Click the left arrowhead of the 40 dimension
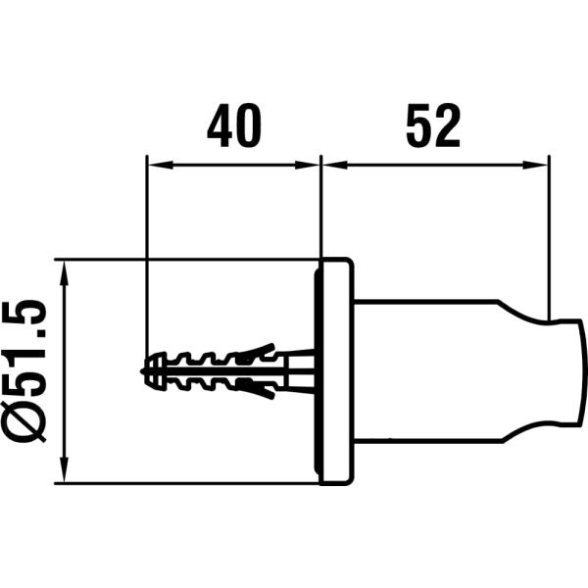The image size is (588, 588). pos(152,164)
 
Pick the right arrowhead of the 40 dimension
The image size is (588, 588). pos(313,164)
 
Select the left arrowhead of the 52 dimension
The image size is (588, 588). pos(330,164)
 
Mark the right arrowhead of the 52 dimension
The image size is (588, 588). pos(540,164)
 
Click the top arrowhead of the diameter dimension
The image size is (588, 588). pos(67,269)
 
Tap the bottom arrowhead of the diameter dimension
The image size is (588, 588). pos(67,475)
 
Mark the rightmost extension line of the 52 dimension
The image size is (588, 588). pos(549,235)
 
